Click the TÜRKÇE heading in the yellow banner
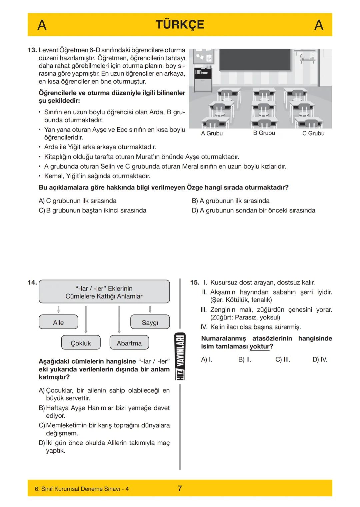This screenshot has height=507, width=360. [x=180, y=25]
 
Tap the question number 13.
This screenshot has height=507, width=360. [x=32, y=50]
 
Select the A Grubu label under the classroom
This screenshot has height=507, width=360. [x=212, y=133]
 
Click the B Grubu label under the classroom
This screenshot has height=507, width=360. [x=264, y=133]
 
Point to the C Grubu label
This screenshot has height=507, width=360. [x=313, y=133]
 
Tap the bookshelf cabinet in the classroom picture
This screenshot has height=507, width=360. [x=203, y=79]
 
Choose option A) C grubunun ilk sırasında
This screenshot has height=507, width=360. [x=78, y=201]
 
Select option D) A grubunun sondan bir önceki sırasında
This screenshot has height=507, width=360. [x=253, y=211]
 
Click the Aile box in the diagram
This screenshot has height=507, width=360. [x=58, y=322]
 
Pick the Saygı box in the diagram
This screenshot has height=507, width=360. [x=150, y=322]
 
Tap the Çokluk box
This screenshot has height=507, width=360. [x=81, y=343]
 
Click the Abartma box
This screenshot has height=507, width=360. [x=129, y=343]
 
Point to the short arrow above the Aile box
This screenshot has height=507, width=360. [x=58, y=309]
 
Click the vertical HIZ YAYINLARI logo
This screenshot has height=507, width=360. [x=180, y=356]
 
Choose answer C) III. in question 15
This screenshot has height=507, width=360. [x=283, y=359]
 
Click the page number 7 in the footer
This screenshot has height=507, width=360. [x=180, y=488]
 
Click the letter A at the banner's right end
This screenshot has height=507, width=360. [x=319, y=25]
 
